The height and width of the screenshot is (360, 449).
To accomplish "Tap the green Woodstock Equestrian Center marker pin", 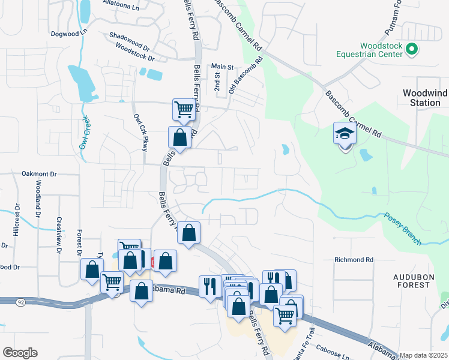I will pos(412,50).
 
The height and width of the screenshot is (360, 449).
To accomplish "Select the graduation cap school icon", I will pos(345,134).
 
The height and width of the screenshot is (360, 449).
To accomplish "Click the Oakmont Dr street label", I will pos(38,173).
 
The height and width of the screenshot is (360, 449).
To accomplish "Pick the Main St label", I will pos(221,67).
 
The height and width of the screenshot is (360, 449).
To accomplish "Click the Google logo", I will pos(20,353).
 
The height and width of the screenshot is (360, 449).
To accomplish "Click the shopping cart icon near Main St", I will pos(184,109).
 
